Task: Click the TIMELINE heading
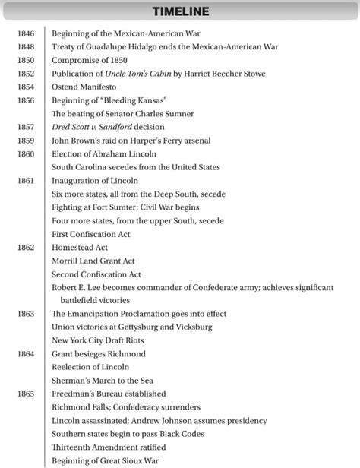pos(180,11)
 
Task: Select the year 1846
pos(27,33)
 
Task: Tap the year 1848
pos(27,47)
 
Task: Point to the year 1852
pos(27,74)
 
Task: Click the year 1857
pos(27,128)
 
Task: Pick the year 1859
pos(27,141)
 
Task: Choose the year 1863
pos(27,314)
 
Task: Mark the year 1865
pos(27,394)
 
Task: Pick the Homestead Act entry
pos(80,247)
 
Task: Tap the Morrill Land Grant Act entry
pos(93,261)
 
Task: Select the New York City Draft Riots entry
pos(103,340)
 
